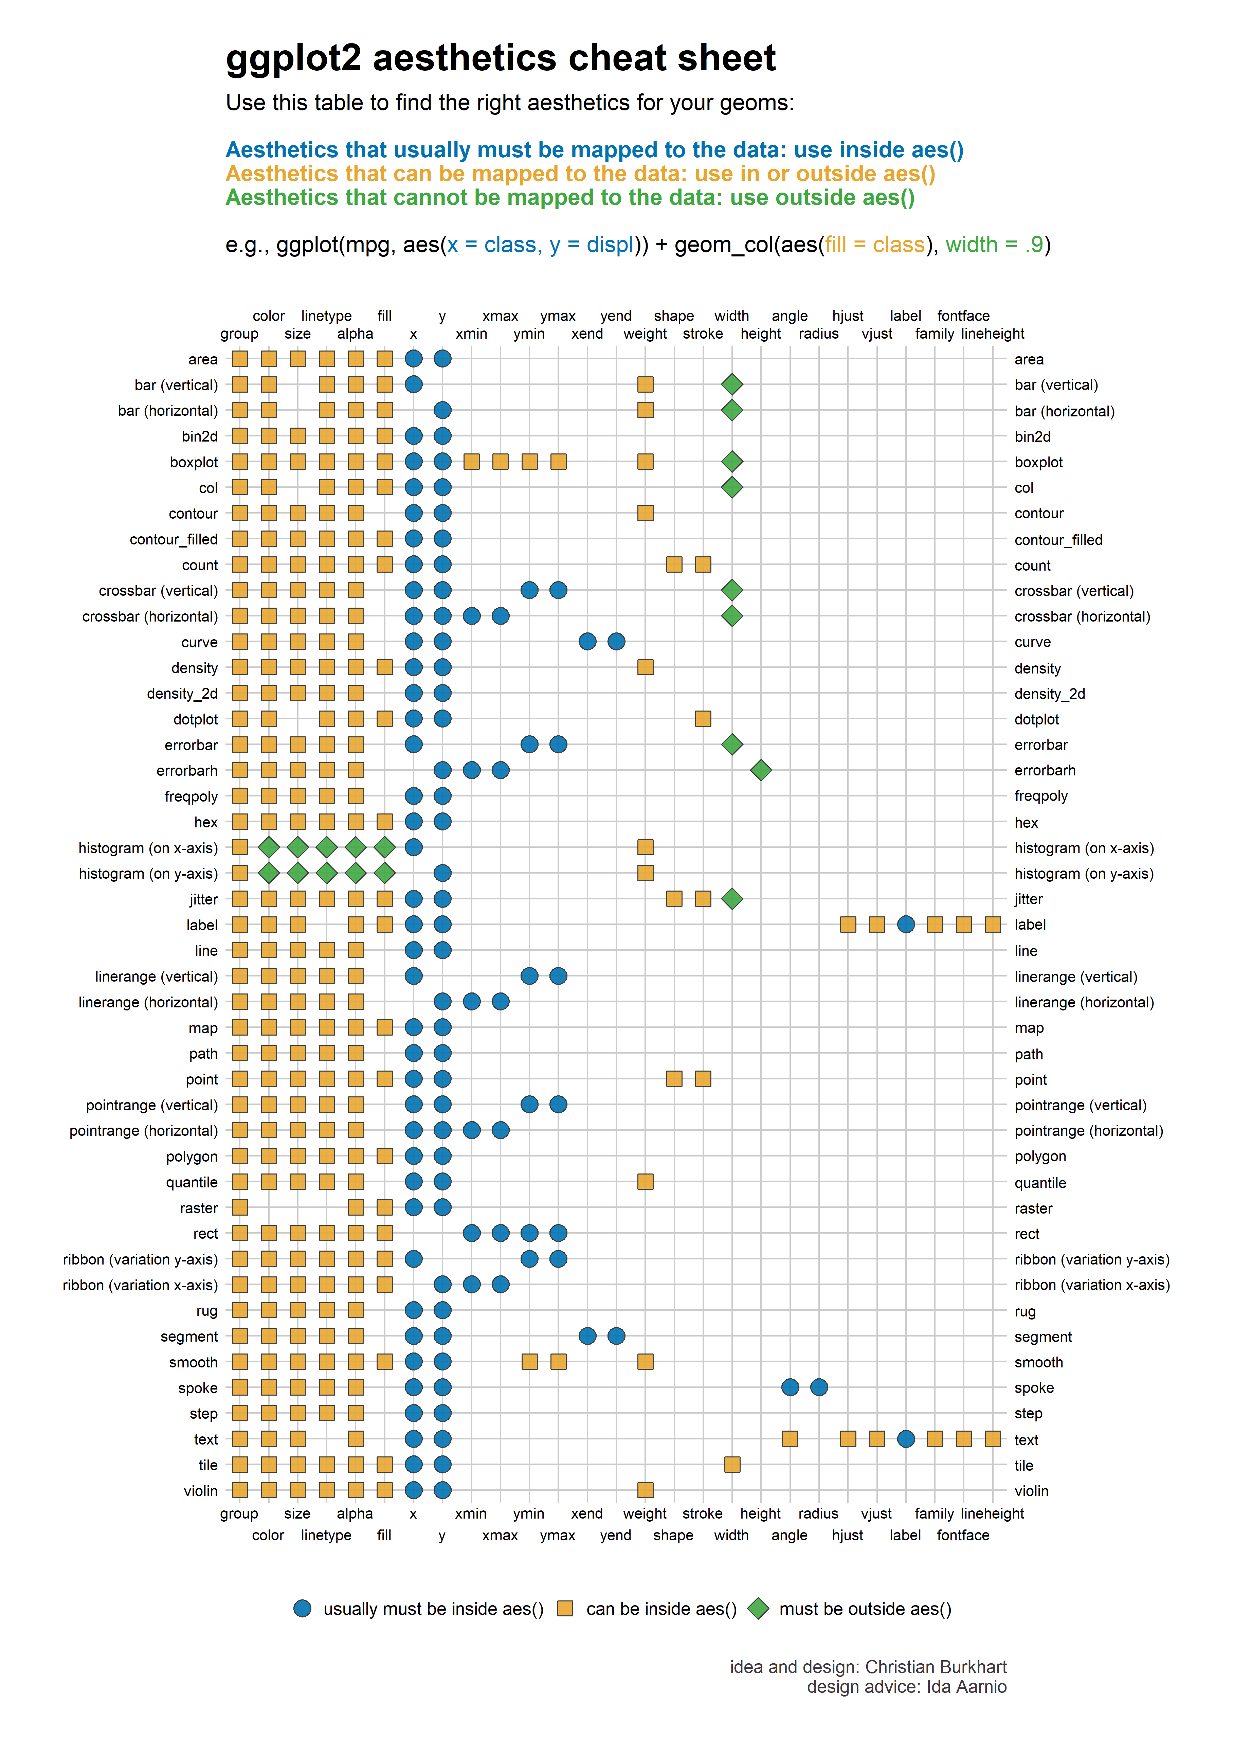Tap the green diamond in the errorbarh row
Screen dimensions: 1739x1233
point(761,770)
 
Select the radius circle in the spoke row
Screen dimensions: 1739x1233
point(818,1387)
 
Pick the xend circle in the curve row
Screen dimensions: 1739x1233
point(587,642)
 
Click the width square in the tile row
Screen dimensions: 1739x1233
point(732,1464)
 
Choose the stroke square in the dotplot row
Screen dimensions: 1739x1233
point(703,718)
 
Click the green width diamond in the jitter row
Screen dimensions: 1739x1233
point(732,899)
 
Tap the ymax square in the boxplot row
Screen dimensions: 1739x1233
point(558,462)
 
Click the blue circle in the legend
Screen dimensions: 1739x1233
point(302,1608)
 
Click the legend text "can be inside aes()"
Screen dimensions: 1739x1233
point(661,1609)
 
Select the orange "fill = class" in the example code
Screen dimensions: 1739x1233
point(875,245)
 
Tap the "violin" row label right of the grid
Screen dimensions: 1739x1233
point(1031,1491)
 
